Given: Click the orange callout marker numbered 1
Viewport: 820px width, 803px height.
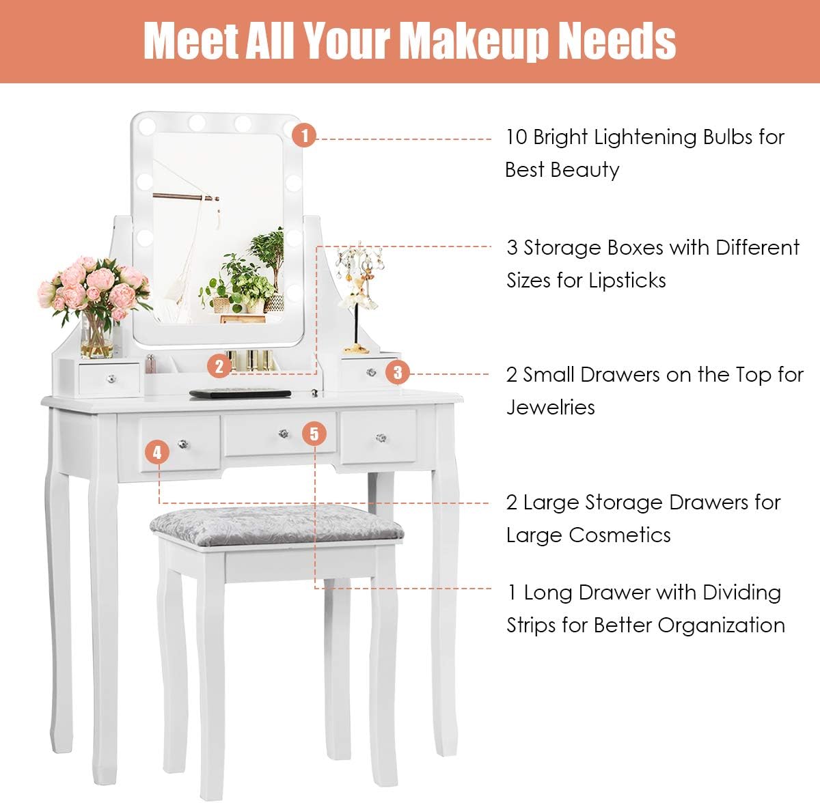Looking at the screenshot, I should (x=304, y=135).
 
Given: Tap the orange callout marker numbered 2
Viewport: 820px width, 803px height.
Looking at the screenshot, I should (x=219, y=366).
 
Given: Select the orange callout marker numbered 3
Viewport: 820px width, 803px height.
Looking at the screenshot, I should (x=398, y=373).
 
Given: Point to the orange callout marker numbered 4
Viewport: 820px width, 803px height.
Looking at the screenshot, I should (x=157, y=452).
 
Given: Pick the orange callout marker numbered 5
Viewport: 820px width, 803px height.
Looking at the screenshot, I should (x=314, y=434).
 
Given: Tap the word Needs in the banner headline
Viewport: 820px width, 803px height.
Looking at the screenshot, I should (x=617, y=41).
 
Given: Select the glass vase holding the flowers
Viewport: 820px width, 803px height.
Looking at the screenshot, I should (x=96, y=336).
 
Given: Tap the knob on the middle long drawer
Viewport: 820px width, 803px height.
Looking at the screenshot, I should (x=283, y=433).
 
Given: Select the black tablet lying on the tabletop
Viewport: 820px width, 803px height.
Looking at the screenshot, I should (x=239, y=393).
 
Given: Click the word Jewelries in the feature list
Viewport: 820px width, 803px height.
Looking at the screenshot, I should (x=551, y=408).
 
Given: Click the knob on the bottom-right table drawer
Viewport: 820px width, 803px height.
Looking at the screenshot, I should (x=378, y=437).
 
